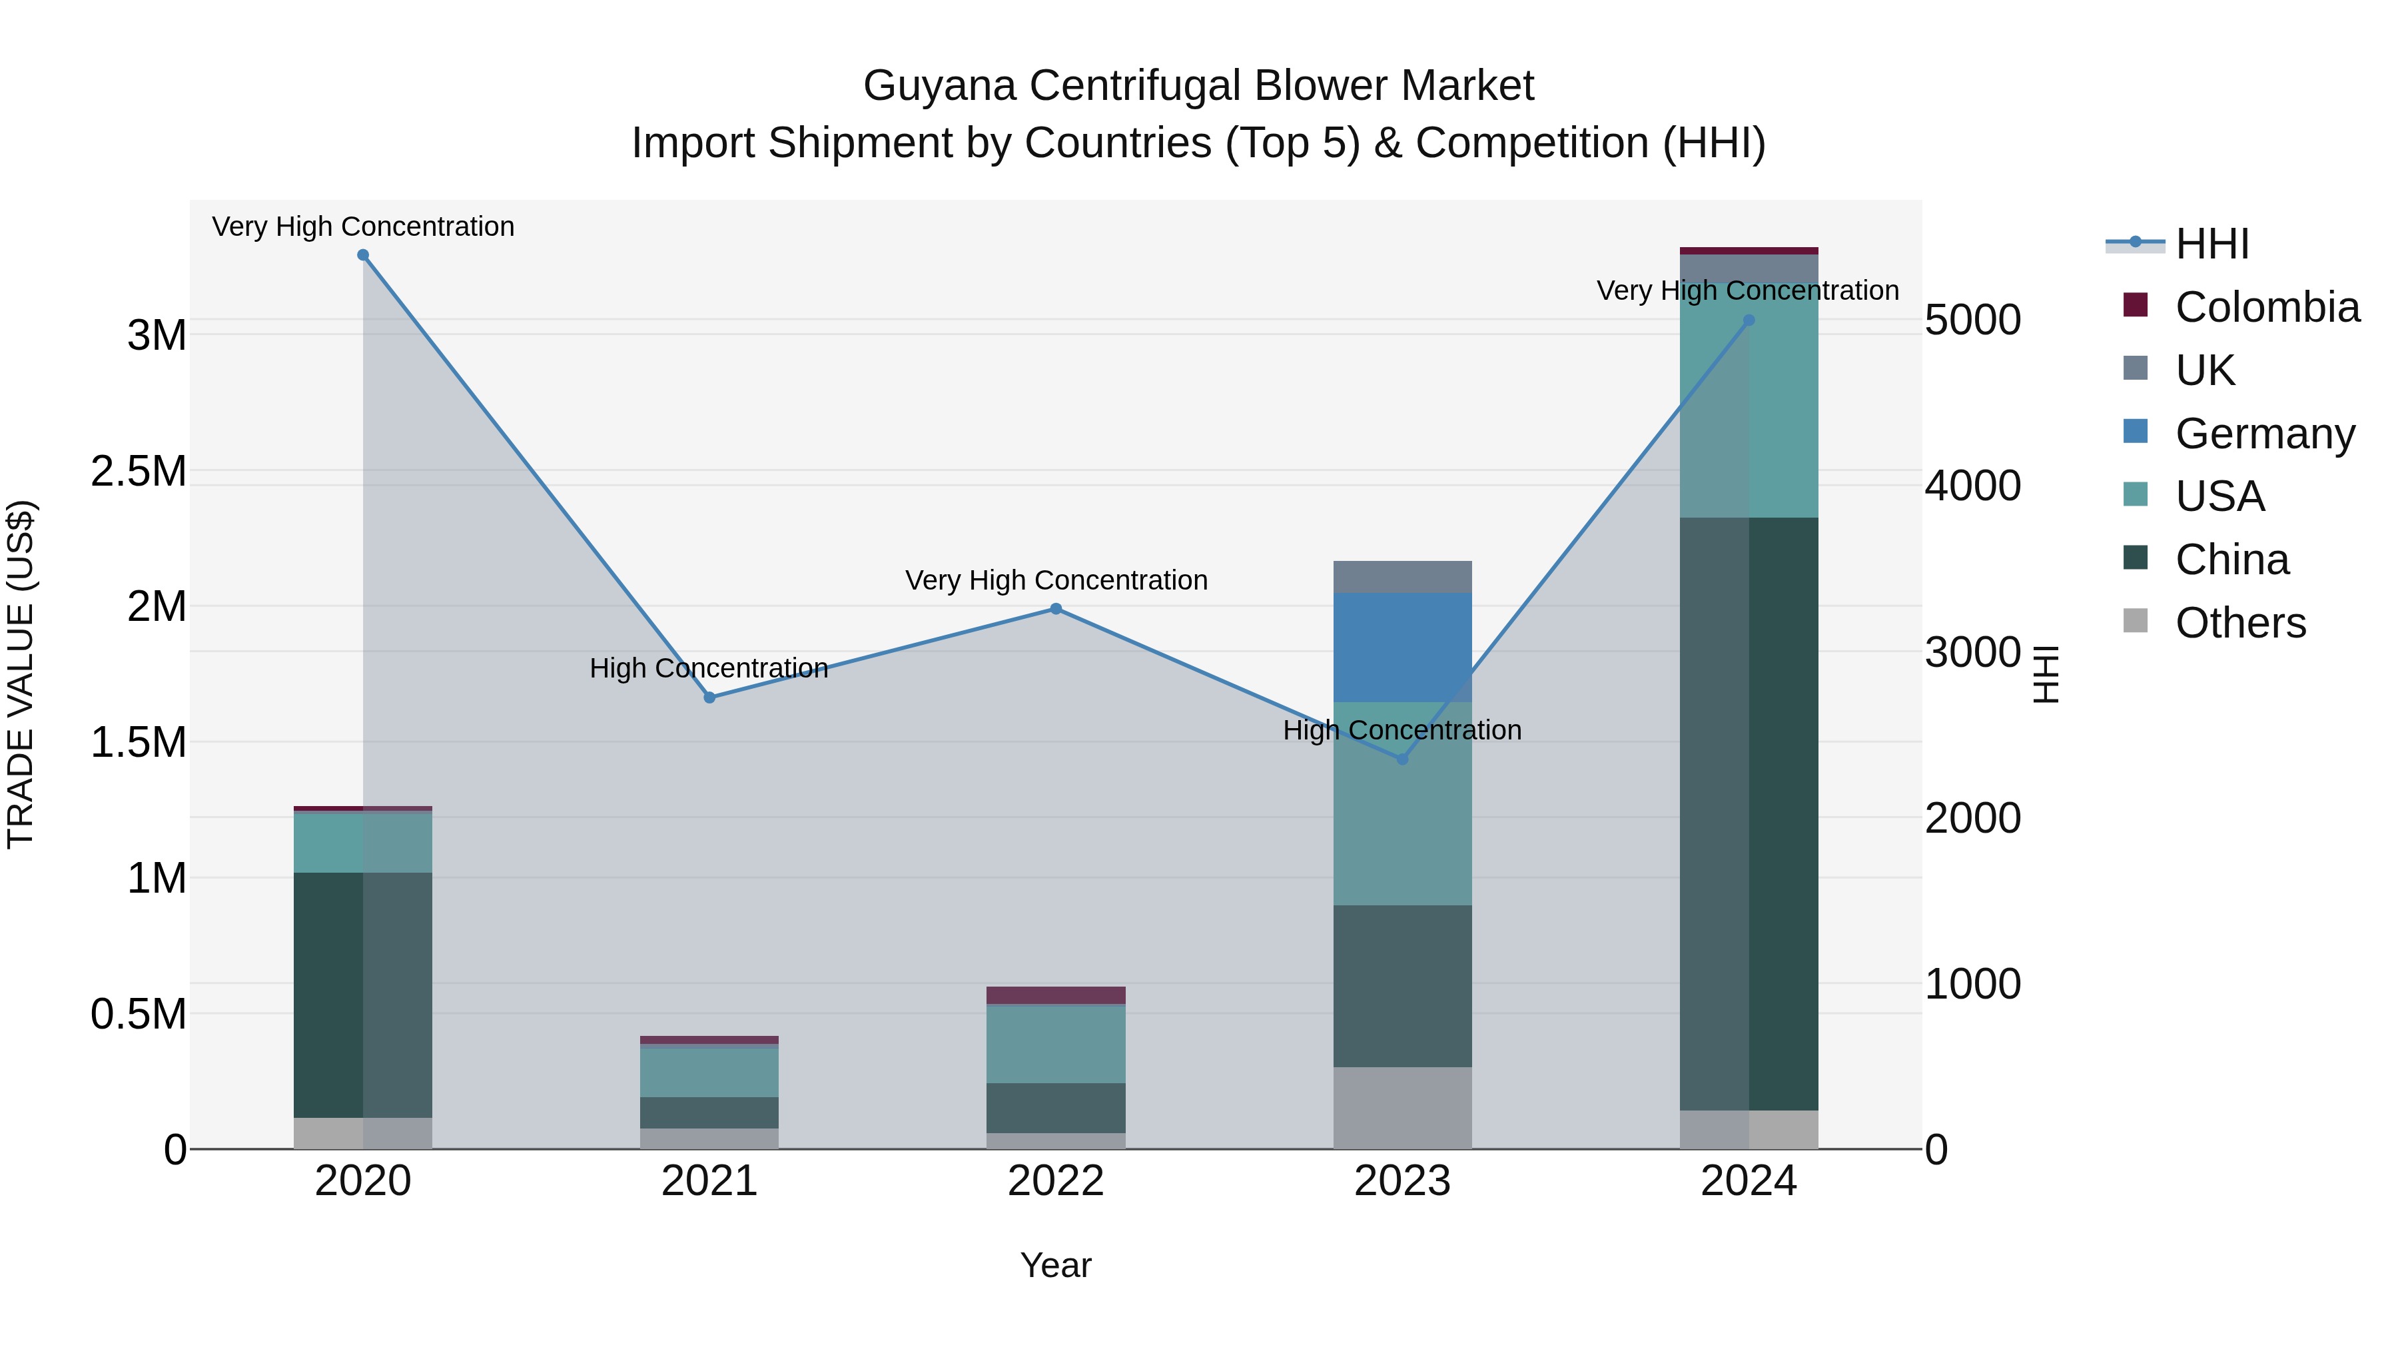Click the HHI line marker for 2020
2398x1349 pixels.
pos(363,255)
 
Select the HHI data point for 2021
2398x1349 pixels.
pos(709,697)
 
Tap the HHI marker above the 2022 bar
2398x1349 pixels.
pos(1056,609)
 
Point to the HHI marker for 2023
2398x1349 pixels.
pos(1403,759)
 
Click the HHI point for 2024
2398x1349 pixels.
pos(1749,320)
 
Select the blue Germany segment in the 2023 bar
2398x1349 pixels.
pos(1403,647)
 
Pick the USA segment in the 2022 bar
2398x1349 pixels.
pos(1056,1044)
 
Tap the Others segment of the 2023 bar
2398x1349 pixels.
pos(1403,1107)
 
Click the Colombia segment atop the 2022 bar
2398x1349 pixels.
pos(1056,995)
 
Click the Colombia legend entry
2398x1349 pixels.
pos(2266,307)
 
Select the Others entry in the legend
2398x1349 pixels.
pos(2239,622)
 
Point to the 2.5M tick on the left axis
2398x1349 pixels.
pos(139,471)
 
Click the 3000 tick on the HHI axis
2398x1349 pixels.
pos(1972,652)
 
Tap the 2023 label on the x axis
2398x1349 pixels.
pos(1402,1180)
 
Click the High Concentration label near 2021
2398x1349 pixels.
pos(709,668)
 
